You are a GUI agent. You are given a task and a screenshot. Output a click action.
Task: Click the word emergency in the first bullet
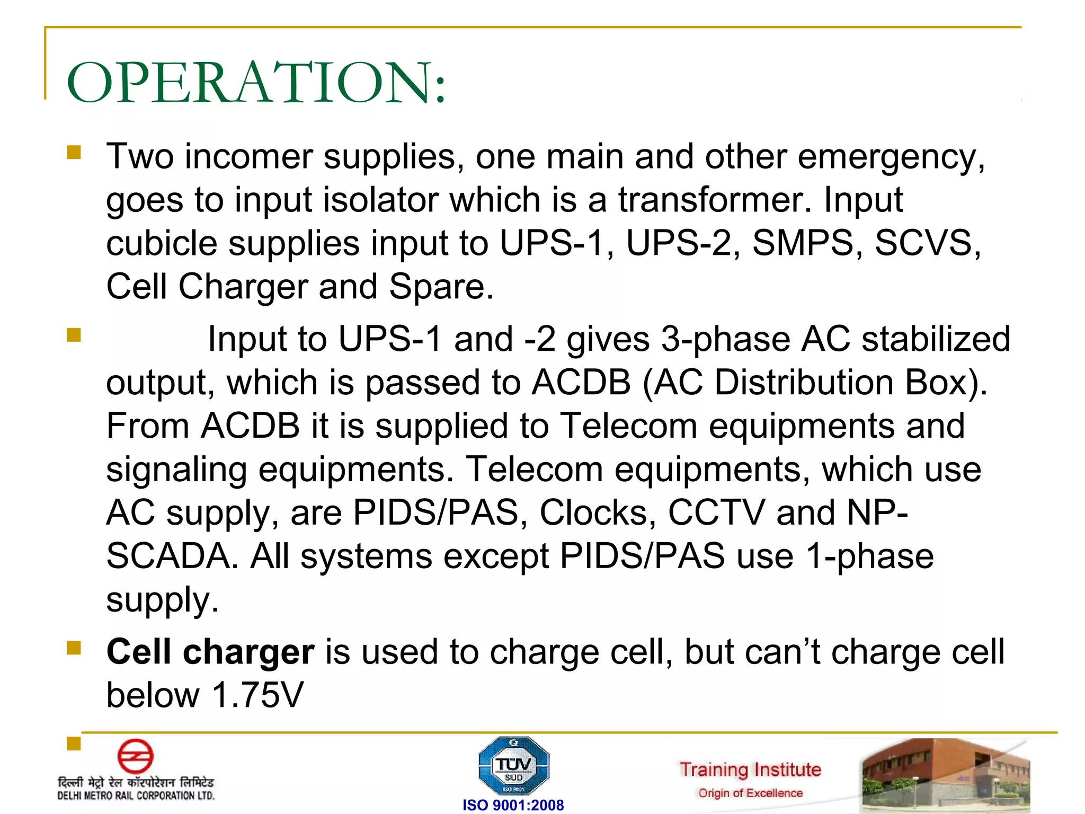click(x=891, y=157)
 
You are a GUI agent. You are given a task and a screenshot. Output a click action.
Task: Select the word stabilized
click(x=936, y=339)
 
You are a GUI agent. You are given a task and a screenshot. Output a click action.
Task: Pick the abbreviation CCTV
click(x=716, y=512)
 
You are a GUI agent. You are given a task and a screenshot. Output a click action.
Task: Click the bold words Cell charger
click(x=210, y=652)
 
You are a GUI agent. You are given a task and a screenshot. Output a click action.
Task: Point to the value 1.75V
click(x=257, y=695)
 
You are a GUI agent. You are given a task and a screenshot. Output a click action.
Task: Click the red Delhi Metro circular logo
click(x=135, y=756)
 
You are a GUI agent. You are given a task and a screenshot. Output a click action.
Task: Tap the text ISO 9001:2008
click(x=513, y=805)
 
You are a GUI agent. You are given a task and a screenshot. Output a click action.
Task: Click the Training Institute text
click(x=750, y=769)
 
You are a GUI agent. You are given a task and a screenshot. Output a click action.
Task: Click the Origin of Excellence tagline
click(x=750, y=793)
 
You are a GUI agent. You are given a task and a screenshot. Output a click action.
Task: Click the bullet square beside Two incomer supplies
click(x=74, y=153)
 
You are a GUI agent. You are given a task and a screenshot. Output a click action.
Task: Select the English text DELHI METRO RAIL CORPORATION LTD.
click(x=136, y=795)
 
